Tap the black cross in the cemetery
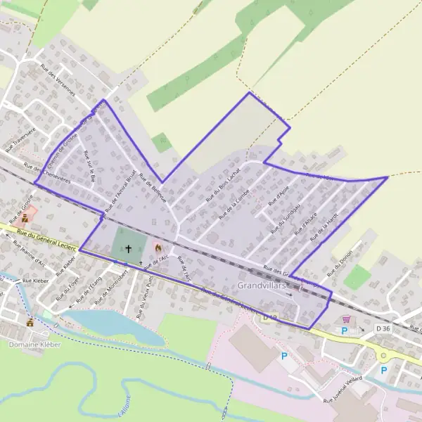tap(129, 248)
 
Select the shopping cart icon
tap(345, 319)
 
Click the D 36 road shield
tap(383, 328)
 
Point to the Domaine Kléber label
tap(34, 345)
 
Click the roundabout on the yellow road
tap(383, 355)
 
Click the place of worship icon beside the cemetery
tap(158, 248)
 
